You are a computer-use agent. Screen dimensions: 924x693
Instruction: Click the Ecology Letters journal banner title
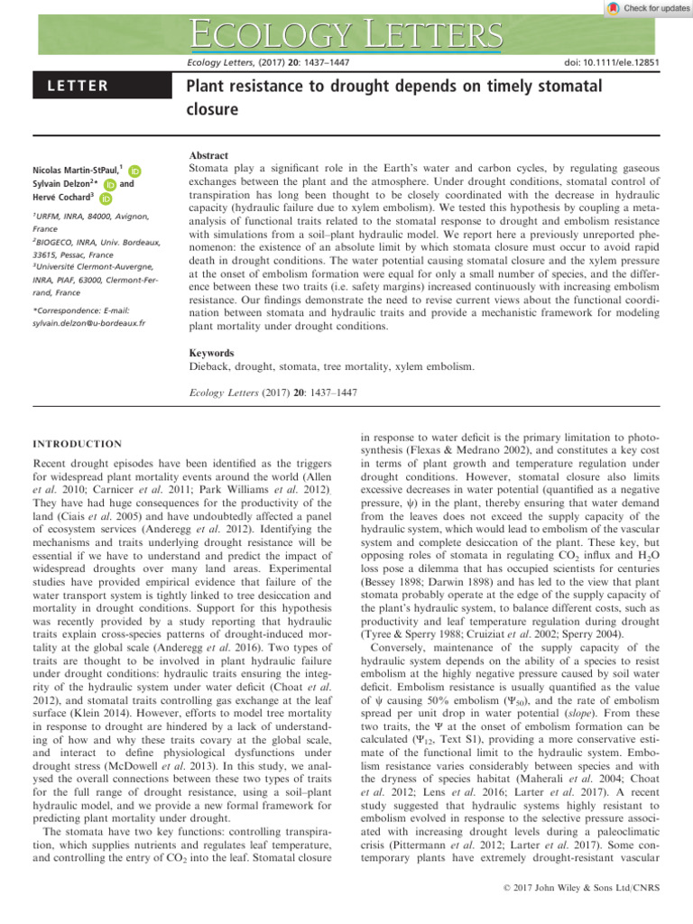tap(346, 36)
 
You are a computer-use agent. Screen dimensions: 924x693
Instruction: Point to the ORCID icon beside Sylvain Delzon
tap(110, 184)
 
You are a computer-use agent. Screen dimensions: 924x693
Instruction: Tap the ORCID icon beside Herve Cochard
tap(106, 199)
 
